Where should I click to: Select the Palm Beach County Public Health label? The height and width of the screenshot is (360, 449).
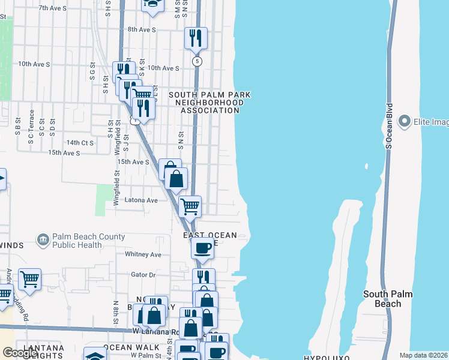point(88,241)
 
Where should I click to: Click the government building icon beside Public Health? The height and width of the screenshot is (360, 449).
point(43,241)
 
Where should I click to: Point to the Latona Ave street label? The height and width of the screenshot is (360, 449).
point(140,200)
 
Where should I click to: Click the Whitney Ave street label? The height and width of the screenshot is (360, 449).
point(143,254)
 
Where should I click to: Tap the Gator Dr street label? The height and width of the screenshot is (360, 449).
point(143,275)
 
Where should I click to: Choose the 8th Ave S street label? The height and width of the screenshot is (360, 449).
point(142,29)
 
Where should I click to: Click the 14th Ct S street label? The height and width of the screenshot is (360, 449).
point(80,143)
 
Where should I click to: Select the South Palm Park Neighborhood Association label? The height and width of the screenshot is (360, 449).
point(209,103)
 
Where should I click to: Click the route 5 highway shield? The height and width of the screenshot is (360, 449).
point(197,61)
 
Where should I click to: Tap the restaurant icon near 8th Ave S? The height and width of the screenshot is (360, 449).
point(196,38)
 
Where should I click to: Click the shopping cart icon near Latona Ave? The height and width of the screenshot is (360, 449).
point(190,207)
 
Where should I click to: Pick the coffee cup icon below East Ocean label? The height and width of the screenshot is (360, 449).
point(203,247)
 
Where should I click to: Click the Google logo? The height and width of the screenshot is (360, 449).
point(20,353)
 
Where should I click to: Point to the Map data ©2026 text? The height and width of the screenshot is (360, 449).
point(423,355)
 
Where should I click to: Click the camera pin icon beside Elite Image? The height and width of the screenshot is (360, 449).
point(404,122)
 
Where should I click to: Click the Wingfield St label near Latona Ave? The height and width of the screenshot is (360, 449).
point(116,188)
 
